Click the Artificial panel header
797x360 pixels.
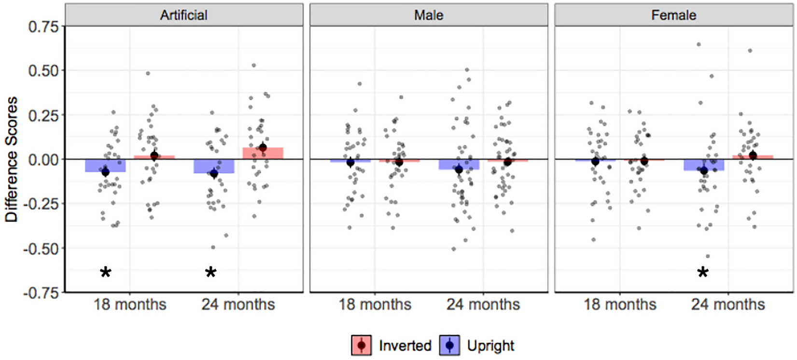point(184,15)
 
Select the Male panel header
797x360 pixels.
point(429,15)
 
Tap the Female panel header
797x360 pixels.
point(673,15)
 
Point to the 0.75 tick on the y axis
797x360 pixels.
point(43,27)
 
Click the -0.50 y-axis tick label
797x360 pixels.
point(41,249)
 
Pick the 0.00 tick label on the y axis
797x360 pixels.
point(43,160)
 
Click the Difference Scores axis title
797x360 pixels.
point(12,160)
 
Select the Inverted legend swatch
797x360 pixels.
point(361,346)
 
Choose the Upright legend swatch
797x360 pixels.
point(449,346)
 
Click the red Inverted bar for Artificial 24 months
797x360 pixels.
point(263,153)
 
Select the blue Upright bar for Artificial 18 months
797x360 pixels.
point(105,166)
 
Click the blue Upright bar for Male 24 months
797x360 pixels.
point(459,164)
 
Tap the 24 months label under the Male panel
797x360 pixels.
point(483,305)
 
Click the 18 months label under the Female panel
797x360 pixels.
point(620,305)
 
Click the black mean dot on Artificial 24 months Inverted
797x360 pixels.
point(263,148)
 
